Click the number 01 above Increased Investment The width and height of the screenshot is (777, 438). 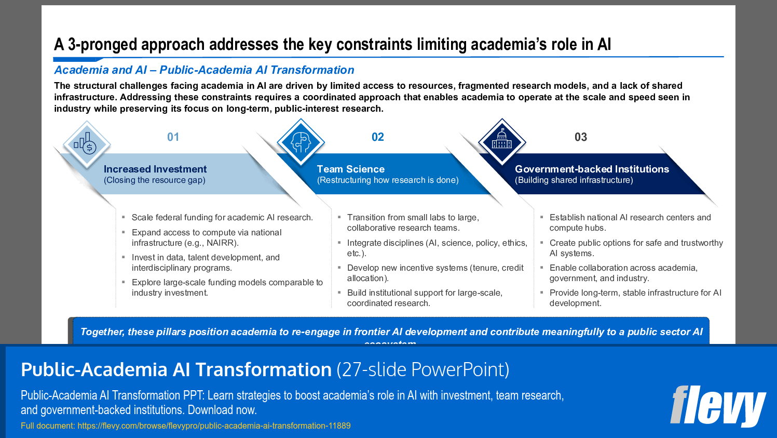click(x=173, y=137)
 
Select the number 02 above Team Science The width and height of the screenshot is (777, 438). click(x=377, y=137)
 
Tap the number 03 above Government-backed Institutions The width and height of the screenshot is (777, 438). click(x=580, y=137)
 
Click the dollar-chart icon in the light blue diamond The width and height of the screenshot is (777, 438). click(x=86, y=144)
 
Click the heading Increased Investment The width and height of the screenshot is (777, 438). click(x=155, y=169)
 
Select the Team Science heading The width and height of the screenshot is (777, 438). click(x=350, y=169)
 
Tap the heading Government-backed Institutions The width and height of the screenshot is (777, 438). click(x=592, y=169)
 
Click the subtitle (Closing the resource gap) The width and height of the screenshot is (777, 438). click(x=154, y=180)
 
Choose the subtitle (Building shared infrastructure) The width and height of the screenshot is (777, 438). click(x=574, y=180)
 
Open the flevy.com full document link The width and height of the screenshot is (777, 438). click(x=214, y=426)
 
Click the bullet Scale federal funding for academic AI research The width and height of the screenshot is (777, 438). click(x=222, y=217)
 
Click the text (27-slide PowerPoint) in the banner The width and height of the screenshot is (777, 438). click(x=422, y=369)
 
